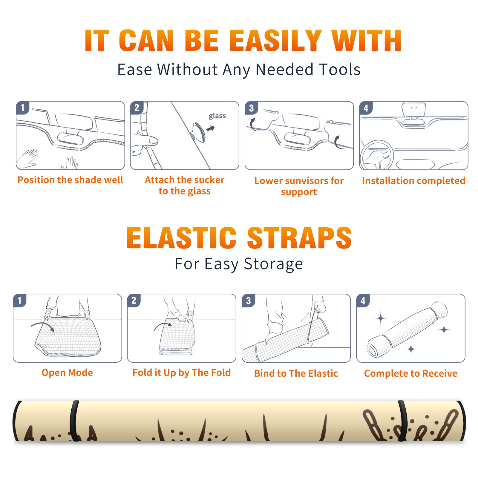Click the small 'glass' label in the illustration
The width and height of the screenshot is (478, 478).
coord(217,116)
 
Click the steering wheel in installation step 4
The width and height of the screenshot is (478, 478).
coord(377,155)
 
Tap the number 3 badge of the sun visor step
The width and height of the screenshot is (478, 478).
coord(252,108)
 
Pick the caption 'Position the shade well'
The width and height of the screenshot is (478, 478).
coord(70,180)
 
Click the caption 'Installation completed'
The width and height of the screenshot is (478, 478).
coord(413,180)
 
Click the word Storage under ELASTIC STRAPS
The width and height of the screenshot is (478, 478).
coord(273,264)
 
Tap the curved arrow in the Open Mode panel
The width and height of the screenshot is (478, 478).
coord(43,326)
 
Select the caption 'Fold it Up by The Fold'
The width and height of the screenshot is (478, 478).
coord(182,373)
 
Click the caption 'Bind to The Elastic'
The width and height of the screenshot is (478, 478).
coord(296,373)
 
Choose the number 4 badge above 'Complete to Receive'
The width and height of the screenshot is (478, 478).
coord(363,301)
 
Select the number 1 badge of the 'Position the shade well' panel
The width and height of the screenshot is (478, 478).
coord(23,108)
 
